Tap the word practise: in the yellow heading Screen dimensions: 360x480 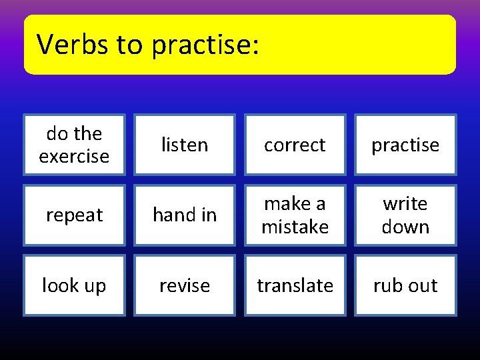coord(204,45)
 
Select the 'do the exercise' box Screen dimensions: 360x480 coord(74,145)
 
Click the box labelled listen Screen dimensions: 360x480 coord(185,145)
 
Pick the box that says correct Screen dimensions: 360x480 coord(295,145)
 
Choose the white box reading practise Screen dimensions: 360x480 coord(405,145)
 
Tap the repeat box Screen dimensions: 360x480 coord(74,215)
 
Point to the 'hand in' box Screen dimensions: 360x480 coord(185,215)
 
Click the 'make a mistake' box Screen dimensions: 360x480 coord(295,215)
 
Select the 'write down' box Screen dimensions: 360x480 coord(405,215)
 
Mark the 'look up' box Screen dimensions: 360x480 coord(74,285)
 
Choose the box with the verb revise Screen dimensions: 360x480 coord(185,285)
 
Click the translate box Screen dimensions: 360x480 coord(295,285)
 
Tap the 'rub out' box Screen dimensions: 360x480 coord(405,285)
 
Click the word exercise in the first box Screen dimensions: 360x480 coord(74,157)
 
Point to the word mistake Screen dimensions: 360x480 coord(295,227)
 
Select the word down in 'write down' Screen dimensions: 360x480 coord(405,227)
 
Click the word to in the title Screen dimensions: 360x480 coord(129,45)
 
